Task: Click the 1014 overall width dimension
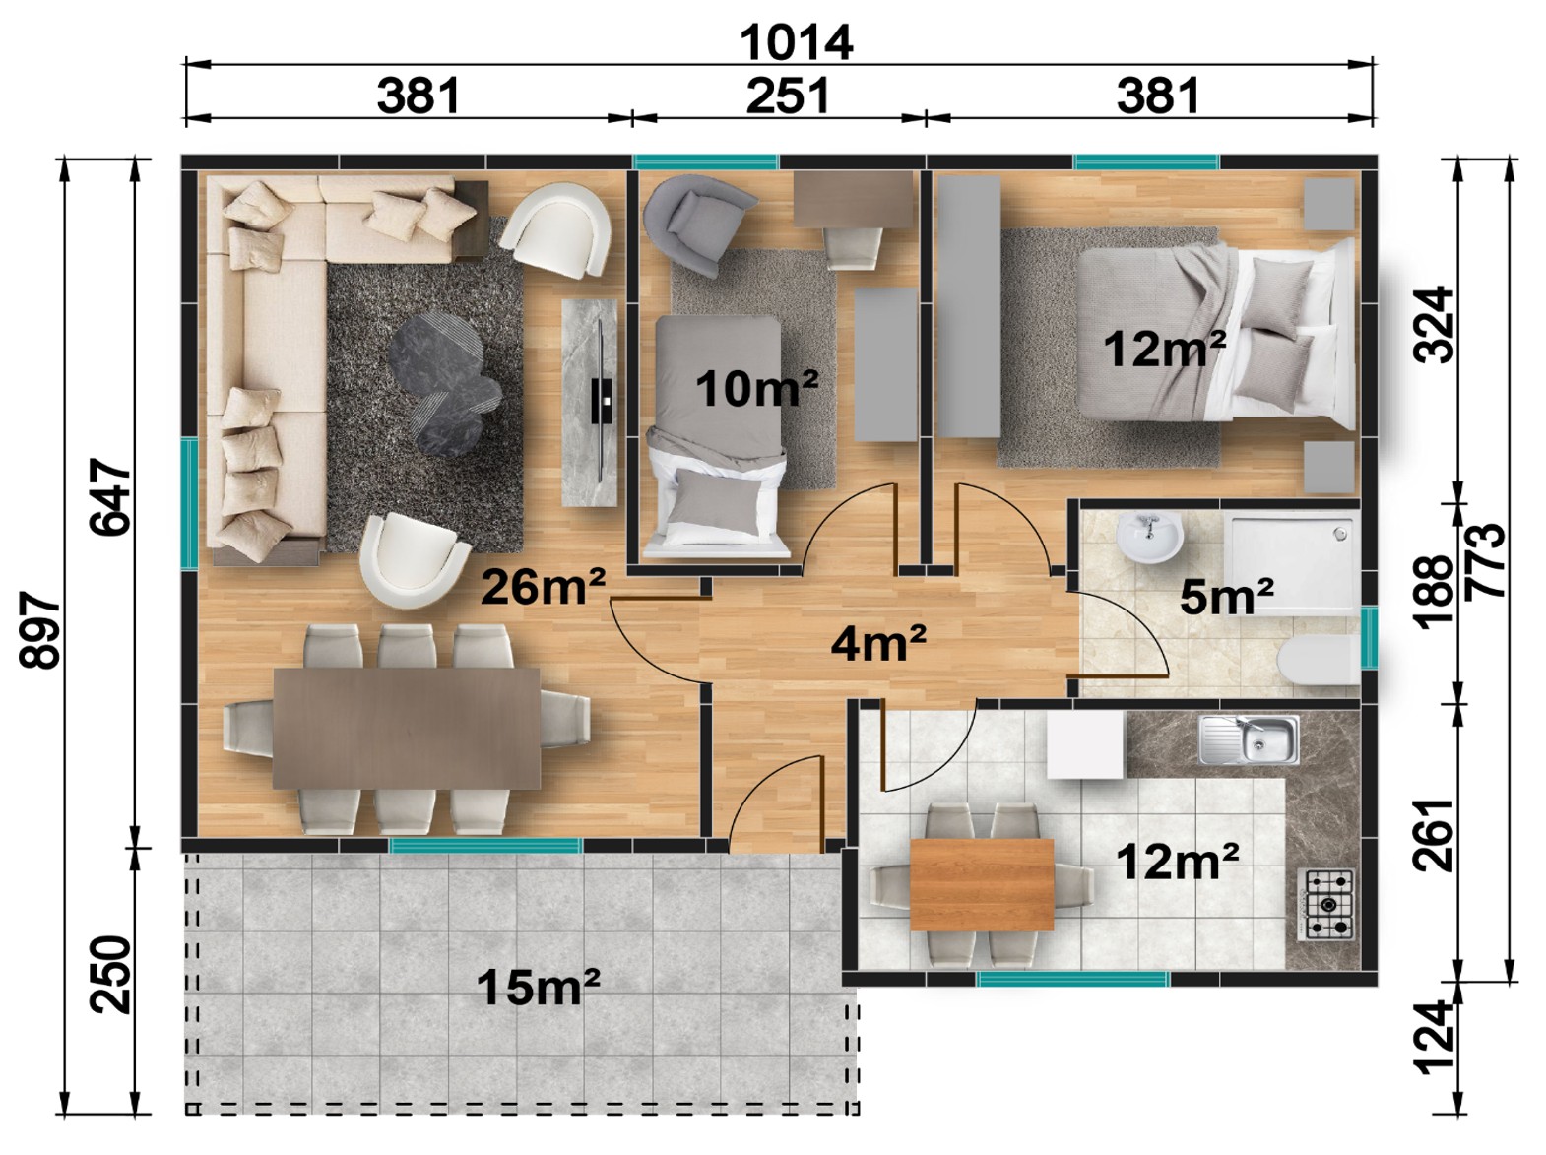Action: pos(796,42)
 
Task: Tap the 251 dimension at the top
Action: pos(788,96)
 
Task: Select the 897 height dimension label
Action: pos(40,630)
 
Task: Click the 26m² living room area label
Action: pos(543,588)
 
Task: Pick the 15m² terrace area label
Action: pos(538,987)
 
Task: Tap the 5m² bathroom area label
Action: pos(1226,598)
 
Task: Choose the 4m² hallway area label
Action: pos(877,644)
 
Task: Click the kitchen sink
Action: pos(1249,739)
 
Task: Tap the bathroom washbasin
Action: pos(1149,538)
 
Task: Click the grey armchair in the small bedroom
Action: pos(696,222)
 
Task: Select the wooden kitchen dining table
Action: pos(982,885)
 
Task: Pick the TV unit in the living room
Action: pos(590,402)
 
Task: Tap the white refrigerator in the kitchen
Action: pos(1085,744)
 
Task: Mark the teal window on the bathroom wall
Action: pos(1368,637)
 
